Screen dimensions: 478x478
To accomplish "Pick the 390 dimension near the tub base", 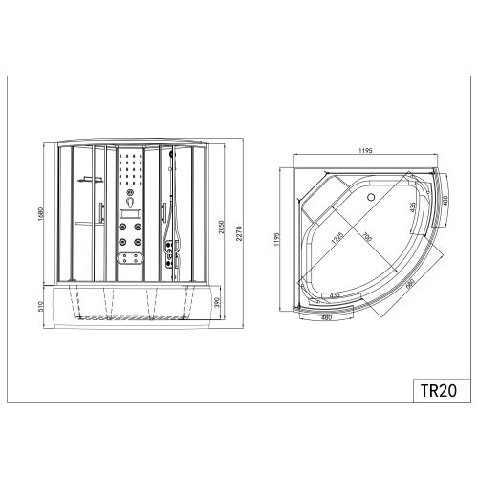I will [216, 303].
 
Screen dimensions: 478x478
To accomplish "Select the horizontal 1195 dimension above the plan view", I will [365, 150].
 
